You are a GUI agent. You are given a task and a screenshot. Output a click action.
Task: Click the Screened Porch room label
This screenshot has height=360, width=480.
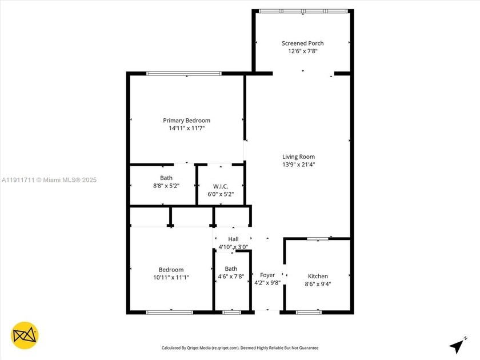(302, 43)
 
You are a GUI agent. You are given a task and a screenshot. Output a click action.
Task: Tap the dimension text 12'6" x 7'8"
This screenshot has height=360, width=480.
(302, 51)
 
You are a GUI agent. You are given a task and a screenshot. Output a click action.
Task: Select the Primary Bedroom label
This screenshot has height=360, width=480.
(186, 121)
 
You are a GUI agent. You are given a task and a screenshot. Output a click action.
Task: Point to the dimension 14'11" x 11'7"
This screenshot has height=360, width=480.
(186, 129)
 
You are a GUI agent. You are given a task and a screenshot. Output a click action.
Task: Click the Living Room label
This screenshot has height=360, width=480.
(298, 157)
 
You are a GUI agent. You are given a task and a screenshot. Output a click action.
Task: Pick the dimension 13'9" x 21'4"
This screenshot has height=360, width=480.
(298, 165)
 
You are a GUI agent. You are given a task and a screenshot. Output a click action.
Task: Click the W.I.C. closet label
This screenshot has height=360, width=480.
(221, 186)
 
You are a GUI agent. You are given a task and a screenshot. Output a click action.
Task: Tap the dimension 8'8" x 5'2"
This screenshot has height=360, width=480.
(166, 186)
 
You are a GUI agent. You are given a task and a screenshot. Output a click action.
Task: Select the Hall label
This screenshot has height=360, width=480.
(233, 239)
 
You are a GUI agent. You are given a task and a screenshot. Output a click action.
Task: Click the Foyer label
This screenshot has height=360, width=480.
(267, 275)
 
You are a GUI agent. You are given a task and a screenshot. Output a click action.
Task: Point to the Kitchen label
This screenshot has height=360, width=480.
(318, 277)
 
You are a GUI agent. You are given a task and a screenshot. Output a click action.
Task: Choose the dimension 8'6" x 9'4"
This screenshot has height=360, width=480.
(318, 284)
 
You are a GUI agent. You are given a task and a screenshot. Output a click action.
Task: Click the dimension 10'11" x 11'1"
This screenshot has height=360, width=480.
(171, 277)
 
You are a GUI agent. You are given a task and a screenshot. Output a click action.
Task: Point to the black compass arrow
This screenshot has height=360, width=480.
(456, 345)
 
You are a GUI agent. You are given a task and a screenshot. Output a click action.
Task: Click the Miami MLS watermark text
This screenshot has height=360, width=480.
(49, 180)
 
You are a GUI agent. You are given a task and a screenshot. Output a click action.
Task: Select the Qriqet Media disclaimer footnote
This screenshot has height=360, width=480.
(240, 347)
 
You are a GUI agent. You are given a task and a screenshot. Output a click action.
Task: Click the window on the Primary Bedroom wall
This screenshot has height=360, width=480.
(184, 73)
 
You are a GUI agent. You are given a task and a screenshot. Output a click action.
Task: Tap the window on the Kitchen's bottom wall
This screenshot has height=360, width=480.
(309, 312)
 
